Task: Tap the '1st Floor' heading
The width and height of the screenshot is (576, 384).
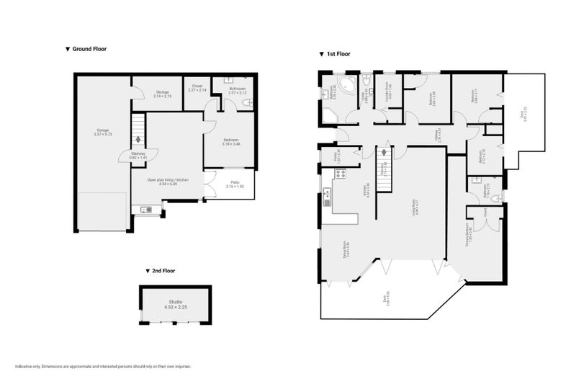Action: [336, 54]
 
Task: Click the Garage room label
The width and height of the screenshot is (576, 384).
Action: [102, 132]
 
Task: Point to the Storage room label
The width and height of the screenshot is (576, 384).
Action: [162, 94]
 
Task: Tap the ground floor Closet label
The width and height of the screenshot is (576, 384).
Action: [197, 89]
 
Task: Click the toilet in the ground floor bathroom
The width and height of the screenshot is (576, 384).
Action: [246, 104]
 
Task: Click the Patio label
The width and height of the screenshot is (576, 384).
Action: [235, 184]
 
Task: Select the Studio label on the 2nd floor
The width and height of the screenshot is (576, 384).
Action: [176, 303]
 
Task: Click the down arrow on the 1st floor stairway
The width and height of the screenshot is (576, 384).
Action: [384, 153]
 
